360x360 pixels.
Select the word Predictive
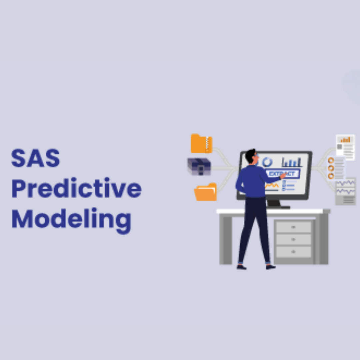pyautogui.click(x=76, y=189)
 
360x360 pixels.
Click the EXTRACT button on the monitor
pyautogui.click(x=282, y=174)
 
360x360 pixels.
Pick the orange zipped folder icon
pyautogui.click(x=201, y=144)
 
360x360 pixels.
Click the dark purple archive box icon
pyautogui.click(x=199, y=166)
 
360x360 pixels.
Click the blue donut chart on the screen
pyautogui.click(x=267, y=162)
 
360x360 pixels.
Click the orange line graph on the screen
pyautogui.click(x=272, y=186)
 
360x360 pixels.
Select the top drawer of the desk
pyautogui.click(x=293, y=227)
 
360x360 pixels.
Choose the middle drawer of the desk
pyautogui.click(x=293, y=239)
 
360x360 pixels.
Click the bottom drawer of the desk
pyautogui.click(x=293, y=252)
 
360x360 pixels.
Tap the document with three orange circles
pyautogui.click(x=336, y=168)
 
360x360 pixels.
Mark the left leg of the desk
pyautogui.click(x=226, y=240)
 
